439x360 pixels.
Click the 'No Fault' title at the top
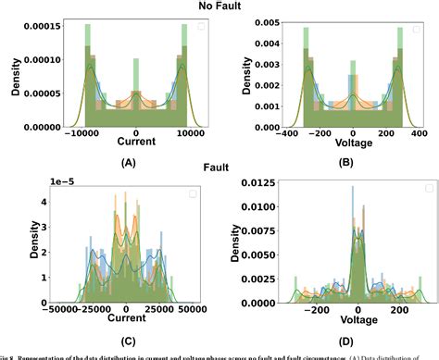pyautogui.click(x=218, y=6)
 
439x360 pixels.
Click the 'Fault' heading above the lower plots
pyautogui.click(x=218, y=169)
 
